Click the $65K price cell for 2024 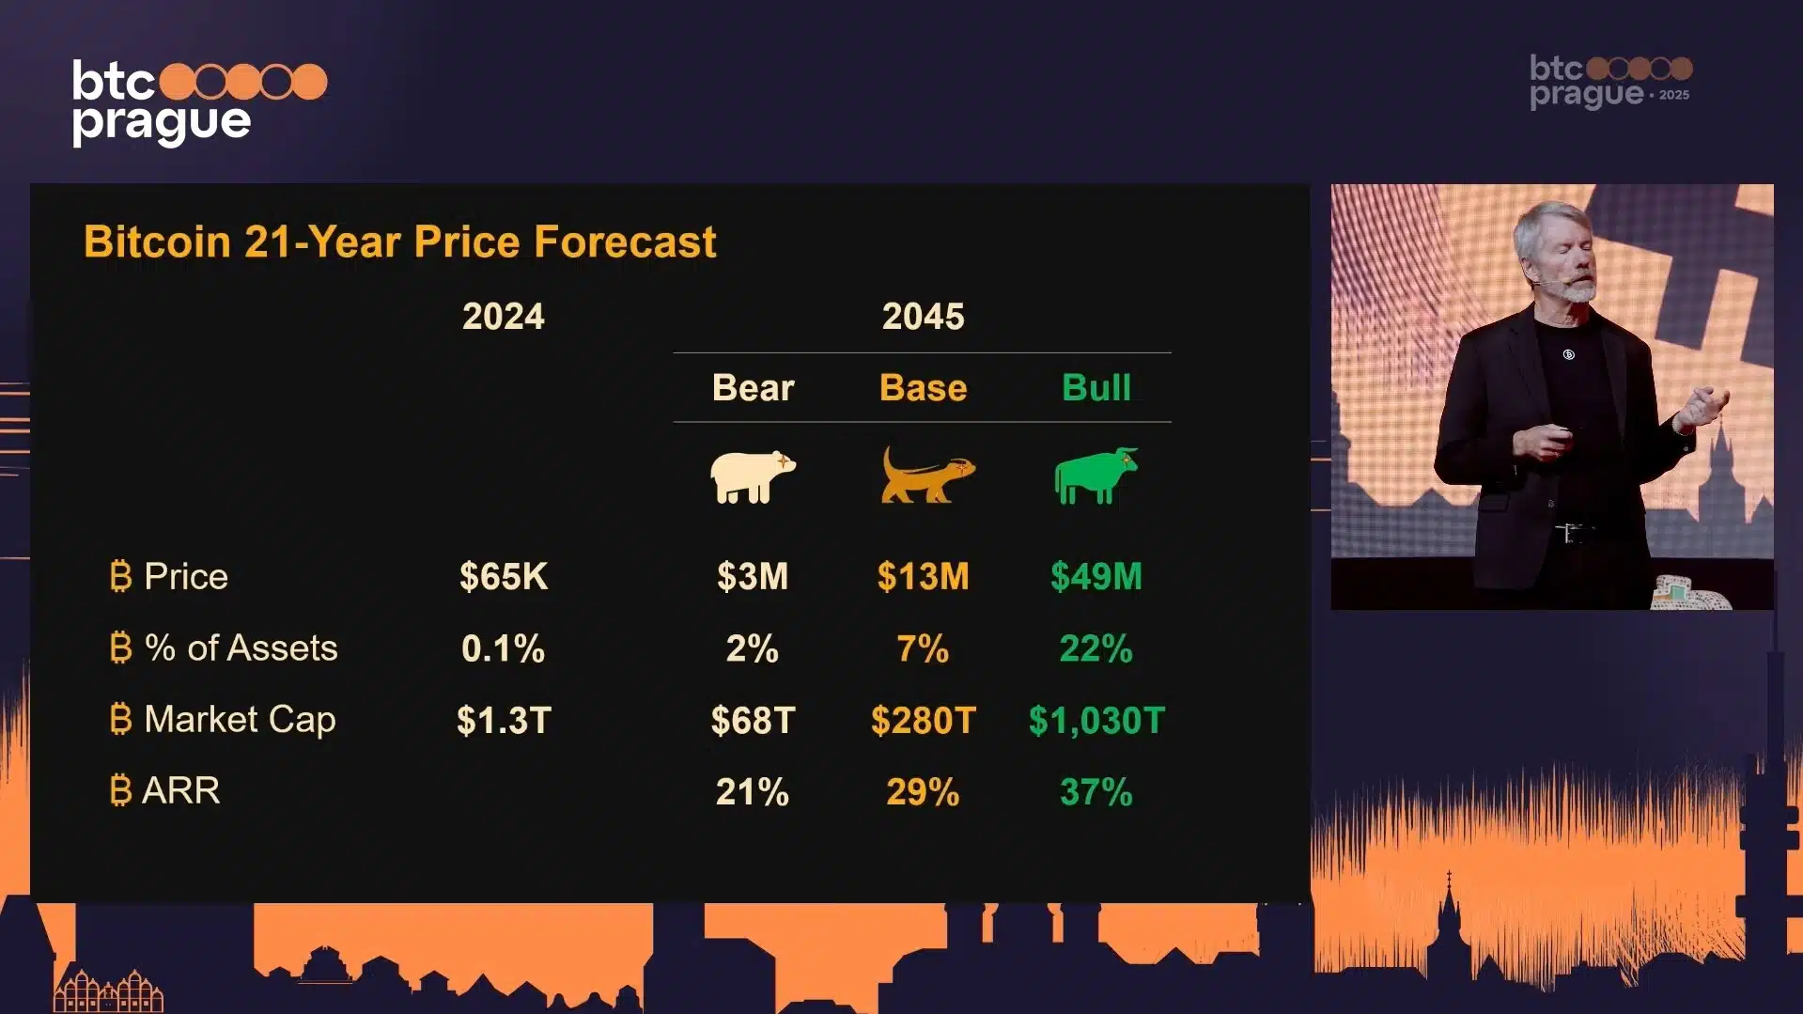(504, 576)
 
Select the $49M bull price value (1096, 576)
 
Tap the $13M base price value (923, 576)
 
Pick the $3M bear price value (753, 576)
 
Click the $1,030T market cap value (1096, 721)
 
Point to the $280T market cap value (924, 721)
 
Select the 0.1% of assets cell (503, 648)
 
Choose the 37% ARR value (1096, 792)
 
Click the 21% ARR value (753, 792)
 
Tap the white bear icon (752, 476)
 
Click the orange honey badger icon (927, 476)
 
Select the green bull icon (1096, 476)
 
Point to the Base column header (923, 388)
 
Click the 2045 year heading (923, 317)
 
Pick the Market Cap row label (240, 720)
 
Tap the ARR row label (180, 791)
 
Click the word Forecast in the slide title (625, 242)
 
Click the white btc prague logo (199, 102)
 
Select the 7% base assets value (923, 648)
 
